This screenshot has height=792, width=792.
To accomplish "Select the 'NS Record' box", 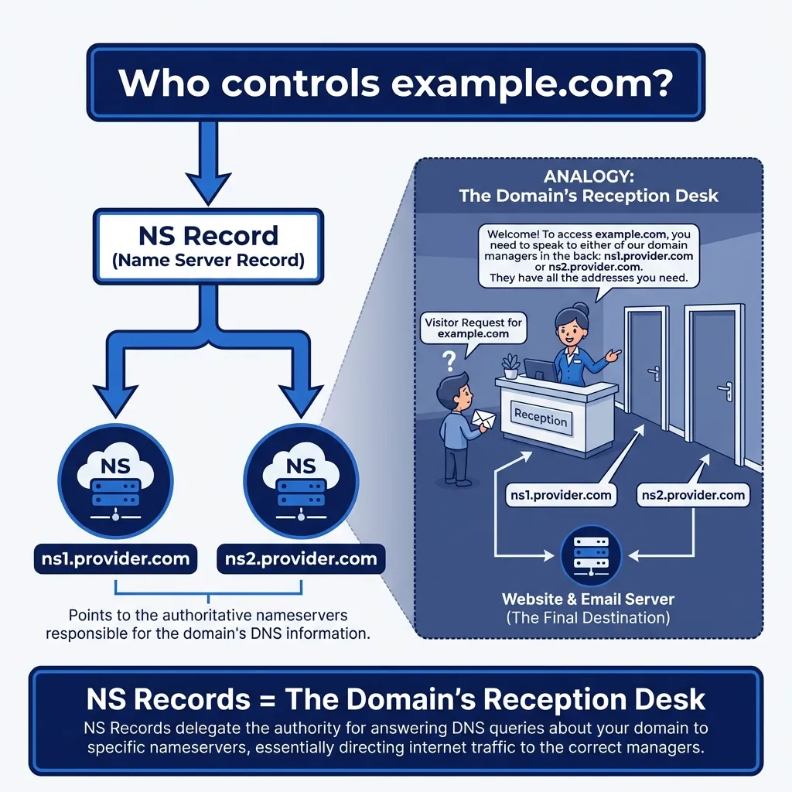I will tap(207, 246).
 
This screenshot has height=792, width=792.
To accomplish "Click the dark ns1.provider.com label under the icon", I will tap(115, 558).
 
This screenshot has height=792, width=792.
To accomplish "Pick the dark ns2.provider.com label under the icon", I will tap(300, 558).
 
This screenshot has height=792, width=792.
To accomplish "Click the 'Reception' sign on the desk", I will tap(541, 418).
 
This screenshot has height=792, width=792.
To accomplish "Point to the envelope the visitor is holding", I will tap(484, 418).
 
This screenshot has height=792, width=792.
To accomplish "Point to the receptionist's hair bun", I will tap(582, 309).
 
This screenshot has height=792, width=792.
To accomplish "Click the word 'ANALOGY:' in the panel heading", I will tap(588, 176).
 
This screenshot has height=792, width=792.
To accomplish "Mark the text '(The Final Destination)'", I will tap(588, 618).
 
